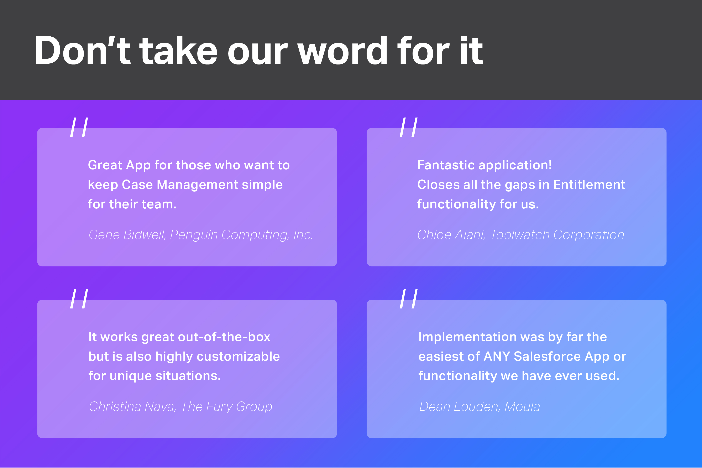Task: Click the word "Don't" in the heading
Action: click(83, 50)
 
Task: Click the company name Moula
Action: click(522, 406)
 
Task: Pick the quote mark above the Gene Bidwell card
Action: click(79, 127)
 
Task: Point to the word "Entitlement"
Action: click(589, 185)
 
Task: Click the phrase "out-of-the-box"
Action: click(224, 337)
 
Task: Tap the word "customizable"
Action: click(238, 356)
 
